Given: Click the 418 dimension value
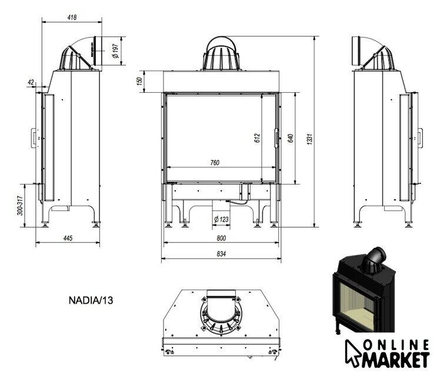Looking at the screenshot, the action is pos(72,17).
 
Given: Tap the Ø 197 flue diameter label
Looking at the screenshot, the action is pos(115,51).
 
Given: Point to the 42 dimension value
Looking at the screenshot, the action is pos(31,82).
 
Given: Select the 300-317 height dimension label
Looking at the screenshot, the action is pos(20,206).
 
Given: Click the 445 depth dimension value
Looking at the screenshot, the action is pos(68,239).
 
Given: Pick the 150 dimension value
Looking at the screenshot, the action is pos(139,81).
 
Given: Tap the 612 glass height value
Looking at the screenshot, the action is pos(257,138).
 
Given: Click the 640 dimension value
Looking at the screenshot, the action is pos(291,138).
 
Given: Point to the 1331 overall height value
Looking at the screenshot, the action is pos(309,139).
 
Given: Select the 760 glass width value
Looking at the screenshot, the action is pos(215,163).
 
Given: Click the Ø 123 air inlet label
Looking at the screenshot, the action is pos(221,219).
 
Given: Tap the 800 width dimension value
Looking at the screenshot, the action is pos(221,239).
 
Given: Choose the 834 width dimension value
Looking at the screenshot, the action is pos(221,254).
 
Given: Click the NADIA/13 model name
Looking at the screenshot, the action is pos(91,300).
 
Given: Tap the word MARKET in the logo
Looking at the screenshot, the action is pos(396,360).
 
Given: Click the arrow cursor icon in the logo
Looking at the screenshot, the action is pos(353,353).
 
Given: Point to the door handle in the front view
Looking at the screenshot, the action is pos(276,138).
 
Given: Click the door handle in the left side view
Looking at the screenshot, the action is pos(34,138).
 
